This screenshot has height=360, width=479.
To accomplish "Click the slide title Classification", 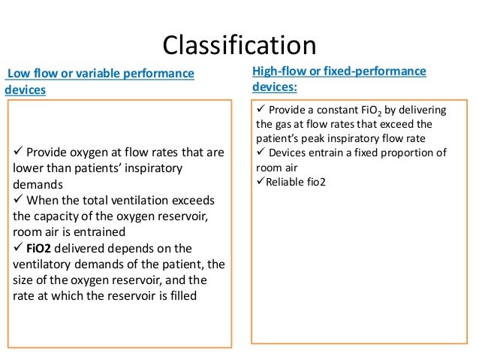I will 239,44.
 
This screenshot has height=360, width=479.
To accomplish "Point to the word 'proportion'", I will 406,153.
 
